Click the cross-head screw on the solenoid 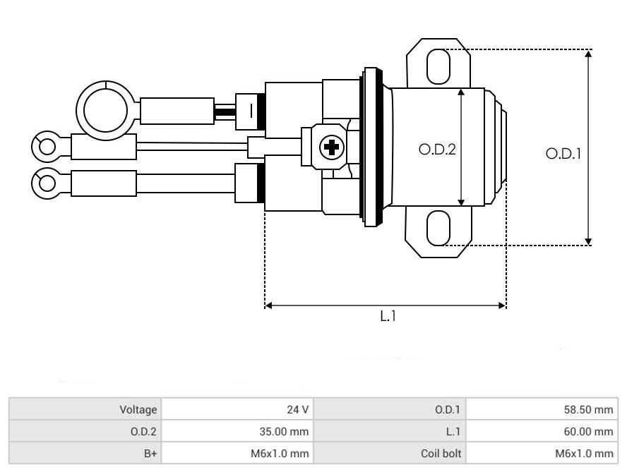pyautogui.click(x=331, y=147)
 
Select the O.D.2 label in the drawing pyautogui.click(x=436, y=150)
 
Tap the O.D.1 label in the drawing pyautogui.click(x=563, y=154)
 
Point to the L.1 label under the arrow pyautogui.click(x=388, y=316)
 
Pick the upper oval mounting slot pyautogui.click(x=438, y=66)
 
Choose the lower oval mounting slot pyautogui.click(x=438, y=228)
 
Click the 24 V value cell pyautogui.click(x=237, y=409)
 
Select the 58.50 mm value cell pyautogui.click(x=542, y=409)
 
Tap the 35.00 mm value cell pyautogui.click(x=237, y=431)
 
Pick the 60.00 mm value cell pyautogui.click(x=542, y=431)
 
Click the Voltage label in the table pyautogui.click(x=138, y=409)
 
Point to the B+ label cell pyautogui.click(x=85, y=453)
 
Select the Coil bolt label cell pyautogui.click(x=390, y=453)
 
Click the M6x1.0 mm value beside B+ pyautogui.click(x=280, y=453)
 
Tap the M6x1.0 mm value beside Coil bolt pyautogui.click(x=584, y=453)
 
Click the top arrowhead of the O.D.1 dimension pyautogui.click(x=587, y=54)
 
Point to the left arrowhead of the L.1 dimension pyautogui.click(x=269, y=305)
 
